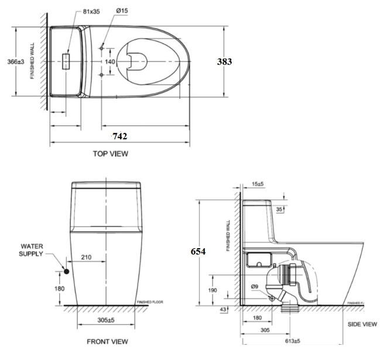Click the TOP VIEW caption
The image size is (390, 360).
[x=110, y=153]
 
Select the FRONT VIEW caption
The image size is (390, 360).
[x=108, y=341]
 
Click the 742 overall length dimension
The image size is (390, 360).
[x=119, y=136]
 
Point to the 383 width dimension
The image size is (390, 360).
[x=225, y=60]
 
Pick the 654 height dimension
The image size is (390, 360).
[x=199, y=251]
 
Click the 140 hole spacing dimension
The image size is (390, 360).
[x=110, y=60]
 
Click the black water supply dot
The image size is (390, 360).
[x=67, y=272]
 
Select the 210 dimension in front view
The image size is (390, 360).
[x=86, y=257]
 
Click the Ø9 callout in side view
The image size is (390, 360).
[x=254, y=286]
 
